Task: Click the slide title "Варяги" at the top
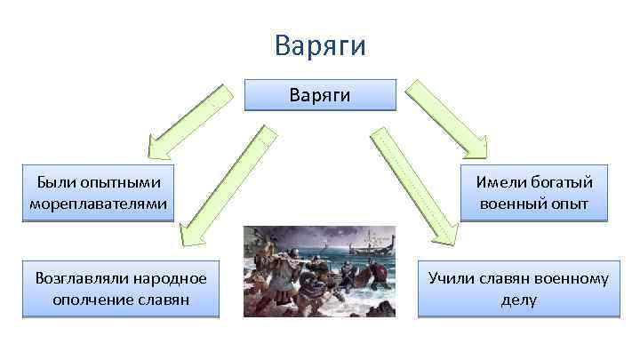[x=320, y=44]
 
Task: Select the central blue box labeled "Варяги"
[x=320, y=95]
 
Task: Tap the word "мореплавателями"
[x=98, y=204]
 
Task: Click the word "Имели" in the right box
[x=500, y=182]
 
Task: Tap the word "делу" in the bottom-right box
[x=519, y=300]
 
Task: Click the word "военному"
[x=572, y=278]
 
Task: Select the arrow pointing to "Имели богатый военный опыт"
[x=447, y=114]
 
